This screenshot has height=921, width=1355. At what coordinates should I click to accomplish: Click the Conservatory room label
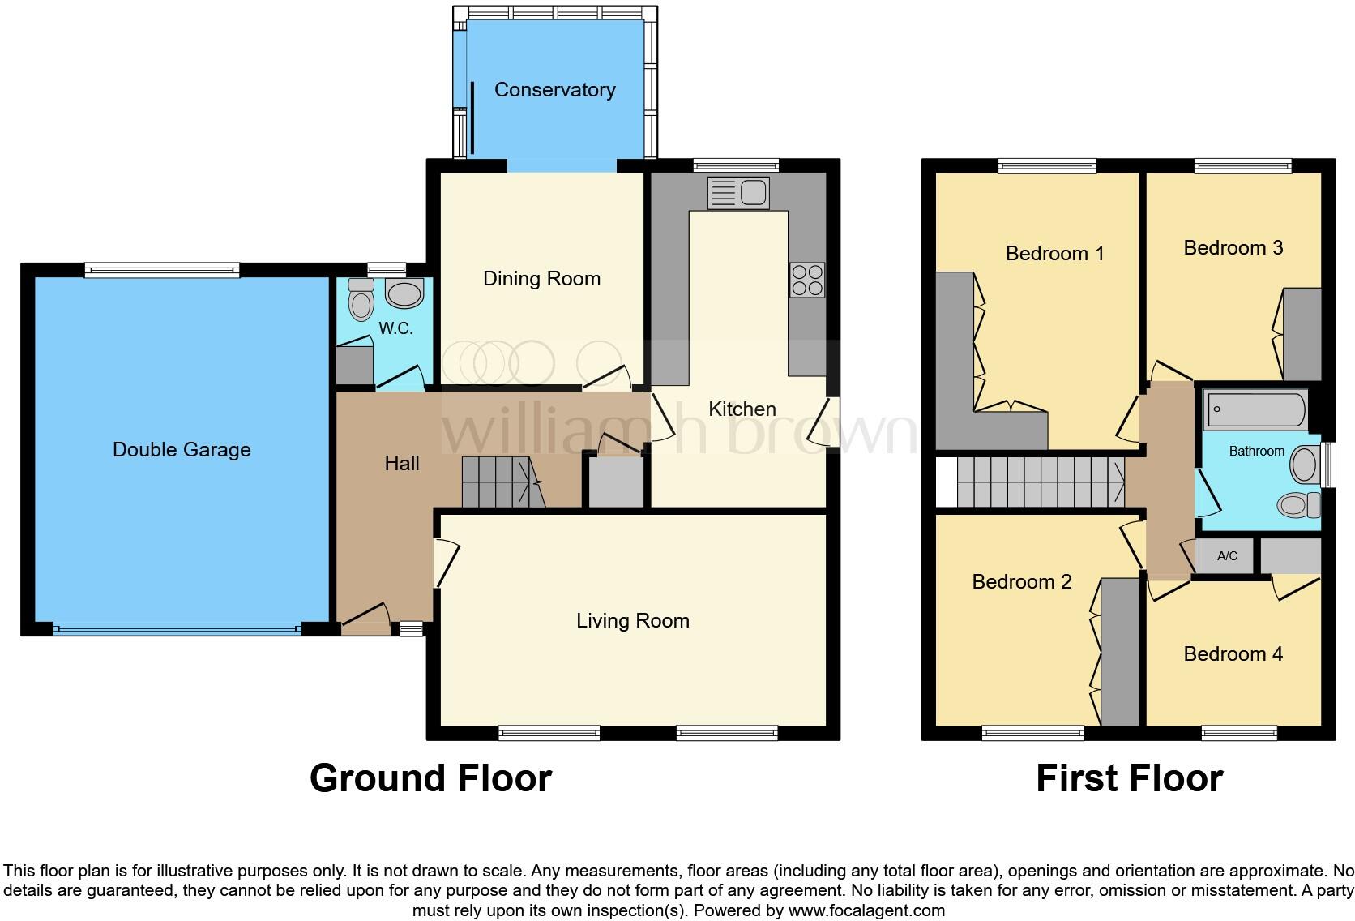554,90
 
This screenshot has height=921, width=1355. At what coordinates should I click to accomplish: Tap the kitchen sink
738,193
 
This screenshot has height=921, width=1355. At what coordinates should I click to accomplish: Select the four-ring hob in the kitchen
807,280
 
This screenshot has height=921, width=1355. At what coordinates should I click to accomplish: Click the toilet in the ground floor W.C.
361,302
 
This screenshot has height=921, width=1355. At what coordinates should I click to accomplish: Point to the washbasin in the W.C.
404,293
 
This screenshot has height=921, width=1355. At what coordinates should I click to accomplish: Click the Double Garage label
182,450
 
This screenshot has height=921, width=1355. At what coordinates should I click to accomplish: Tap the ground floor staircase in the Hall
496,482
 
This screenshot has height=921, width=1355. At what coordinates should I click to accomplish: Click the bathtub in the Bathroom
1255,410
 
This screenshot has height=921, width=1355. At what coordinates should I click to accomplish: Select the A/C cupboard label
1227,556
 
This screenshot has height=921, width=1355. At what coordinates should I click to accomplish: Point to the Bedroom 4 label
1233,654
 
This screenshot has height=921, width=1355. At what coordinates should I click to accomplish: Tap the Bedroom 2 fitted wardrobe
1120,653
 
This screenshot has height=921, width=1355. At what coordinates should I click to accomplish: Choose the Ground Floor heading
430,778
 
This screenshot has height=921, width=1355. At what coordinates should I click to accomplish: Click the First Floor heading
1129,778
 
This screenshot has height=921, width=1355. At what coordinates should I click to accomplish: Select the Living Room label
632,621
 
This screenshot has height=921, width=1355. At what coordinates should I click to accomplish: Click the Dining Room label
541,279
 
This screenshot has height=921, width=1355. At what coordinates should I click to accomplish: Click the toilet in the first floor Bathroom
1300,505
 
